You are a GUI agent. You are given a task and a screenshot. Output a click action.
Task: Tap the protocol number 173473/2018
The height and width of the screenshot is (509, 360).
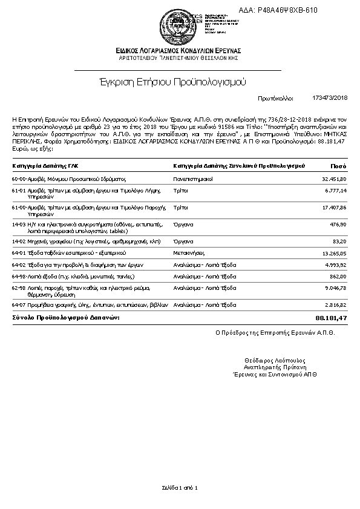(x=330, y=97)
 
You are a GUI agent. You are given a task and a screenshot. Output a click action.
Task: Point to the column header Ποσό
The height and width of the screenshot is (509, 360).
(x=338, y=165)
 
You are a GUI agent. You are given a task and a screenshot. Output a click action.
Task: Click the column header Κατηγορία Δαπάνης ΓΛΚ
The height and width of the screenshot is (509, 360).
(x=45, y=165)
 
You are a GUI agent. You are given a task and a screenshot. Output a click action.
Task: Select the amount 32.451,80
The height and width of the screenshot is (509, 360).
(x=334, y=179)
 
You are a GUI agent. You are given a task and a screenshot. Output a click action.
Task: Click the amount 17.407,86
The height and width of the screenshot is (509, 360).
(x=334, y=207)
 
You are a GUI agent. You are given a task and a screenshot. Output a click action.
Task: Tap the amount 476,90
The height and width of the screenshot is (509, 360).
(x=339, y=224)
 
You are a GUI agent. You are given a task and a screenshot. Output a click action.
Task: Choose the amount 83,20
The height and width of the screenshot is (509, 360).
(x=340, y=241)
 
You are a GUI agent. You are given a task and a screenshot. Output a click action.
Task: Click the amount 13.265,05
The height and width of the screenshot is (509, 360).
(x=334, y=253)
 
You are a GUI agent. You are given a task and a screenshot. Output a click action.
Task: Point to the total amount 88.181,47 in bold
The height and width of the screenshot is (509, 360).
(x=331, y=318)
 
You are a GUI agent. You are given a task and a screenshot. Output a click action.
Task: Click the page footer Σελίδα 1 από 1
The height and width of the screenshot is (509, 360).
(x=180, y=487)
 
